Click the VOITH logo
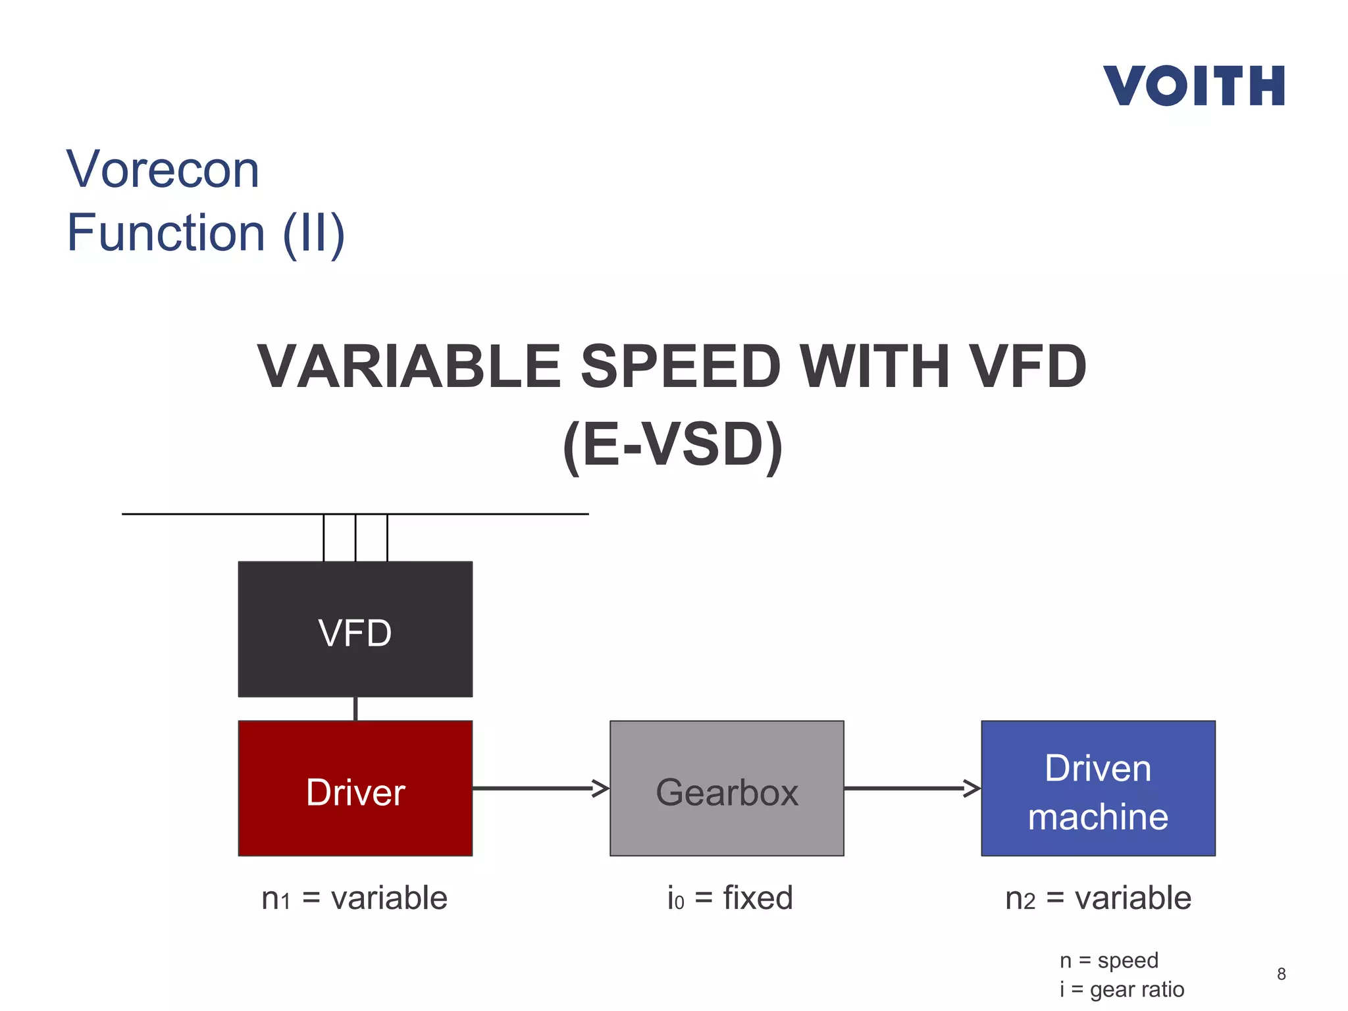[1193, 86]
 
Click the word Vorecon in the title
[163, 170]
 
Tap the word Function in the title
[166, 233]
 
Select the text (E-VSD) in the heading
[673, 445]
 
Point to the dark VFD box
[355, 629]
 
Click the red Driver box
[355, 789]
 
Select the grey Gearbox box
[727, 789]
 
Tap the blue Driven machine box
[1098, 789]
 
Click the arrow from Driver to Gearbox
[540, 788]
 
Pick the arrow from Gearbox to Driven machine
[912, 788]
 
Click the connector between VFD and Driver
[355, 709]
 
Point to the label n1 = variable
[354, 898]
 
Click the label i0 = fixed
[730, 898]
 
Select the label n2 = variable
[1098, 898]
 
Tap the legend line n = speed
[1108, 960]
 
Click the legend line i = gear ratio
[1122, 989]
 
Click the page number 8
[1281, 974]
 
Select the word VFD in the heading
[1029, 367]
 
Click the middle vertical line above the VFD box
[355, 538]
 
